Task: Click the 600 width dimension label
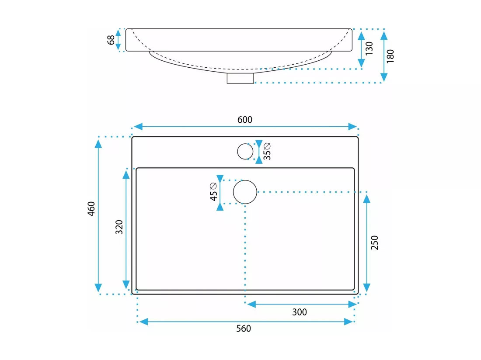245,119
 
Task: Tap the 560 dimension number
244,329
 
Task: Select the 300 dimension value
300,312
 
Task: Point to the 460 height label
91,209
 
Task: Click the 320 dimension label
119,227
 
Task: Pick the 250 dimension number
375,242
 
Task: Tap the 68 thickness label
111,40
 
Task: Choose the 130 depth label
369,48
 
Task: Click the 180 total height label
390,56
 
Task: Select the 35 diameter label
267,151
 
